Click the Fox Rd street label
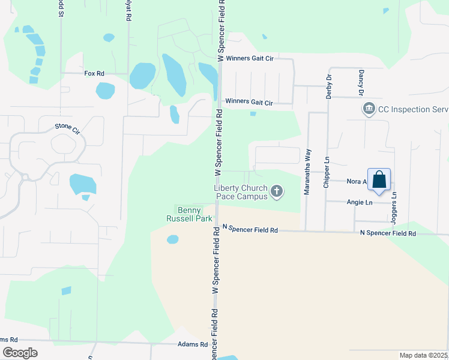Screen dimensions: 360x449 coord(94,73)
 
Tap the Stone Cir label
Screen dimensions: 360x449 coord(67,127)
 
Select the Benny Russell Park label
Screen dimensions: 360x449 coord(194,214)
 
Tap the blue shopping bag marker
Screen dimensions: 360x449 coord(379,179)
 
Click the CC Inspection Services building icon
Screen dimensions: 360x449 coord(368,109)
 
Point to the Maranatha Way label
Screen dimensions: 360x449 coord(307,173)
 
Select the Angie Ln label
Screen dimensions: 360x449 coord(360,203)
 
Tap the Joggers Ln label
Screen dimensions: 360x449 coord(394,206)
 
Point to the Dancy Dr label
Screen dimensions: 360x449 coord(361,83)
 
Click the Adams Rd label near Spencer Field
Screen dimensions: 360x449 coord(193,344)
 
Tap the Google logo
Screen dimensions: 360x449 coord(20,353)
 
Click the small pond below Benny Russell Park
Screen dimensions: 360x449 coord(173,239)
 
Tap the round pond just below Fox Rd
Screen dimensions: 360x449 coord(105,91)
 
